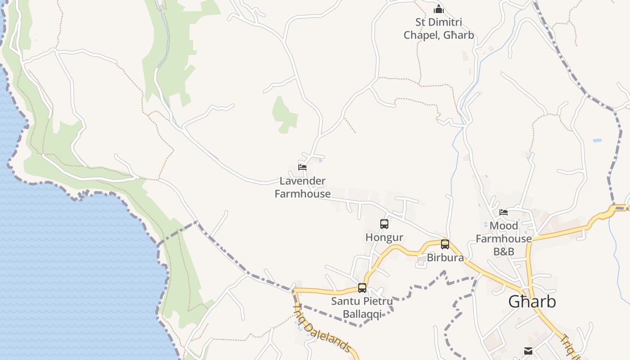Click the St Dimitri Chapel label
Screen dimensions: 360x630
tap(438, 28)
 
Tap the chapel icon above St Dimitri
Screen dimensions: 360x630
tap(439, 9)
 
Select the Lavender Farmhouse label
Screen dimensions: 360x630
tap(302, 187)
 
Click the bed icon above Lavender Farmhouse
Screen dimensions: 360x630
tap(302, 167)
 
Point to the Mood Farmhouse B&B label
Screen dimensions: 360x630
tap(504, 238)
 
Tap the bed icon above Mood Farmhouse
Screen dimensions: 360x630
tap(504, 212)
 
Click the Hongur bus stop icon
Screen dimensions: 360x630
tap(384, 224)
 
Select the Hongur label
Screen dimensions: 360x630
tap(384, 237)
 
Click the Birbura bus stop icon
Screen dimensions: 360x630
tap(445, 244)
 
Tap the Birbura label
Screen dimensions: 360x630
tap(445, 258)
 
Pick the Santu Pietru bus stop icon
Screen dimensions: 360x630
tap(362, 288)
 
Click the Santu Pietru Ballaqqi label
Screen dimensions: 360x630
tap(362, 307)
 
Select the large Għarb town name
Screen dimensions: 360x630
tap(532, 301)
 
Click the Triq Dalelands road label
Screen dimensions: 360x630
tap(322, 328)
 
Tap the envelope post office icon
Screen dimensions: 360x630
tap(528, 351)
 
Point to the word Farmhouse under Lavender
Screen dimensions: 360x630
tap(302, 194)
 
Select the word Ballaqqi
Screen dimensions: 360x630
tap(362, 314)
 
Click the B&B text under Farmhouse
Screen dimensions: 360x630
tap(504, 252)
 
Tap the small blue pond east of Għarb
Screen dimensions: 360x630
tap(597, 140)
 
